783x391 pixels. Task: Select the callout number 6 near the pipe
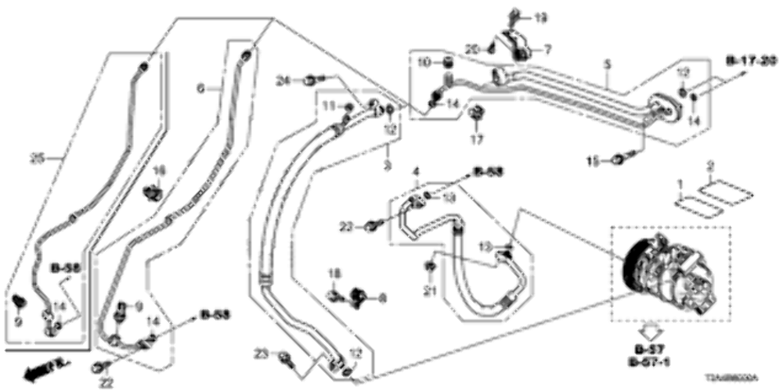pos(200,90)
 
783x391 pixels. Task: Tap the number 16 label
pos(159,170)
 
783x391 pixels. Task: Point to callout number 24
pos(283,78)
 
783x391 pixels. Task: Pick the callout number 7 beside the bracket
pos(547,48)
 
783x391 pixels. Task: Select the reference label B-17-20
pos(749,60)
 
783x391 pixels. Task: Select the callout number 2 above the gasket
pos(710,166)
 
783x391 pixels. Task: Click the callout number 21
pos(428,291)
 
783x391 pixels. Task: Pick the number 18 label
pos(334,272)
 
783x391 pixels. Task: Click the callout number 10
pos(422,62)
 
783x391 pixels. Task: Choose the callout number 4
pos(417,170)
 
